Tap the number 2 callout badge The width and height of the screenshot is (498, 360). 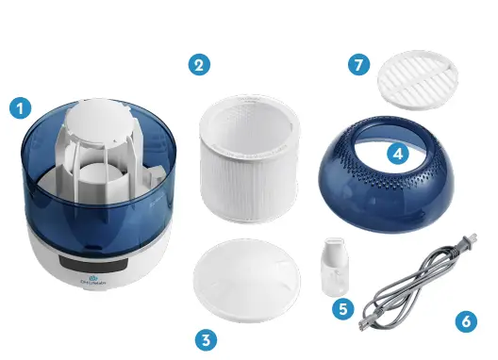click(198, 65)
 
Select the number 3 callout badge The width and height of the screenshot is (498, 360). click(206, 338)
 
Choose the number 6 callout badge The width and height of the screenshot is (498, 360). click(466, 320)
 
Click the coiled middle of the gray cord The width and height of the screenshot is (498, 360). click(415, 283)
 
